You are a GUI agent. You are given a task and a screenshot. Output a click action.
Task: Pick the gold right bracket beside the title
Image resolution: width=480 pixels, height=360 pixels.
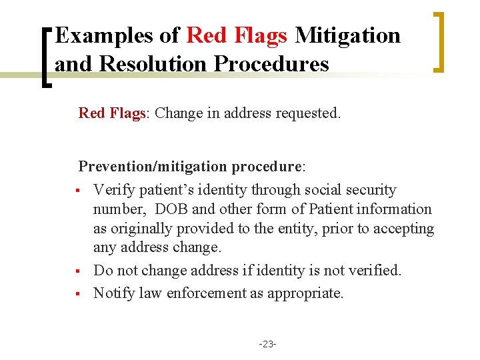pyautogui.click(x=439, y=41)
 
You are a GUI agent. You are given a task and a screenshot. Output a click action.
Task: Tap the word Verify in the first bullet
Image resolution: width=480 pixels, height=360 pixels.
pyautogui.click(x=112, y=190)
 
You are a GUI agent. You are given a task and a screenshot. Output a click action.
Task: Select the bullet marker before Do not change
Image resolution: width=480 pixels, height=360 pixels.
pyautogui.click(x=78, y=271)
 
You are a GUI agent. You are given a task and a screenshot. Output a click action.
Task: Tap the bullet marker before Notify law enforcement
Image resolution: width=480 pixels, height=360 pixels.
pyautogui.click(x=78, y=294)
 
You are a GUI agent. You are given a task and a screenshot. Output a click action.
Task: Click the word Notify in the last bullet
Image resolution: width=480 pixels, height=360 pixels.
pyautogui.click(x=112, y=293)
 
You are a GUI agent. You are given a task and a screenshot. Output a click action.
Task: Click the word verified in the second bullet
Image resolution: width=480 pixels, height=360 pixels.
pyautogui.click(x=377, y=270)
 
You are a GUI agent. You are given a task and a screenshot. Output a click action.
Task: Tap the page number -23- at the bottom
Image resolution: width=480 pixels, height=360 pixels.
pyautogui.click(x=268, y=344)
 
